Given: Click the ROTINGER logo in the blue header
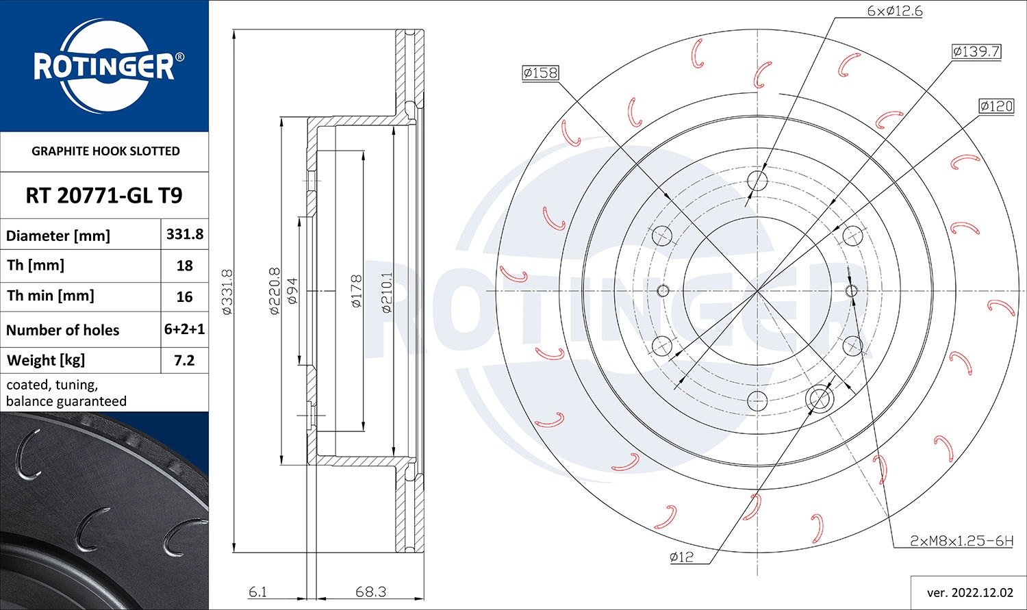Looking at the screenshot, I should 104,66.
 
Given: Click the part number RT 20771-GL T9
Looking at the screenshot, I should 104,196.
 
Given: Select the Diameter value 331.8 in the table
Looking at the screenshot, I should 185,234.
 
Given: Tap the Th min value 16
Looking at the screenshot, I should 185,297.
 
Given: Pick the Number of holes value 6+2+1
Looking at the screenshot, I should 185,329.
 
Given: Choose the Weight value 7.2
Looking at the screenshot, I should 185,360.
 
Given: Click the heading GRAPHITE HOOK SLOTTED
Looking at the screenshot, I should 105,151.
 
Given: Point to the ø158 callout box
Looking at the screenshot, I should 540,73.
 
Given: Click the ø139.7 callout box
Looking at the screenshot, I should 976,51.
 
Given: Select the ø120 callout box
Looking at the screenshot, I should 996,106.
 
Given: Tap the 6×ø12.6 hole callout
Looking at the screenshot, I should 894,11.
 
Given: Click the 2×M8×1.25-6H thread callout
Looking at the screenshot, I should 961,541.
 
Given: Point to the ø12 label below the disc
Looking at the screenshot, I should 681,557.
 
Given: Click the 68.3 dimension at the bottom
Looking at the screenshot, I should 370,592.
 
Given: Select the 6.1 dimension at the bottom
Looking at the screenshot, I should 258,592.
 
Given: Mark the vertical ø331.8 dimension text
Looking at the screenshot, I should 228,292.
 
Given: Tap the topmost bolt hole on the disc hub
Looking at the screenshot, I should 757,181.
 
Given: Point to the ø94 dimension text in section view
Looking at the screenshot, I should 292,292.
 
